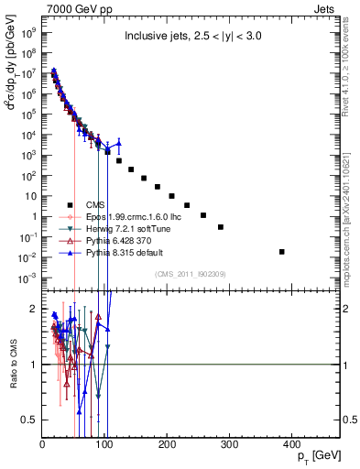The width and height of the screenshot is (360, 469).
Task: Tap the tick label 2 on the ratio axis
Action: pyautogui.click(x=33, y=309)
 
